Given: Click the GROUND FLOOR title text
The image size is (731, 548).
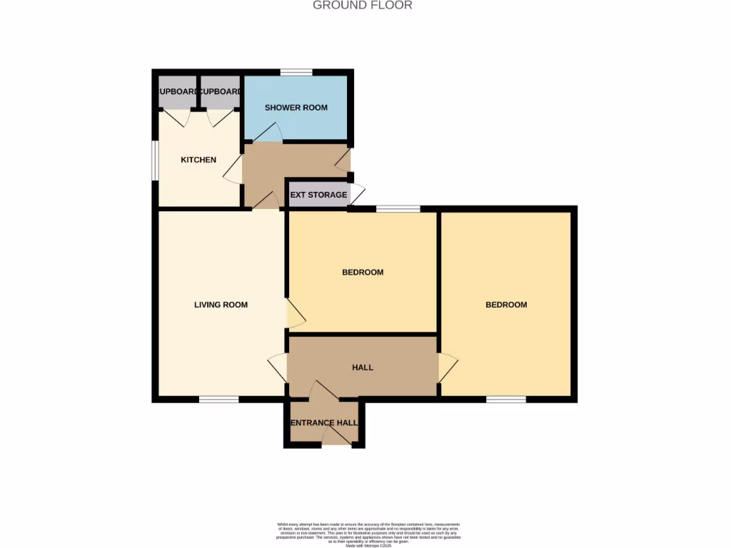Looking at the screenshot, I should click(x=363, y=6).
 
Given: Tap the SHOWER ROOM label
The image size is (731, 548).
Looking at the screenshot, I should click(x=296, y=108).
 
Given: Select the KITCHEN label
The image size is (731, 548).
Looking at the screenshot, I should click(x=198, y=160).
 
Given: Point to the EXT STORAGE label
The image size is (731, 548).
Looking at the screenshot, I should click(x=318, y=195).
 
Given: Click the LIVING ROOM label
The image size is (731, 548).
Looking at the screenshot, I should click(x=221, y=305).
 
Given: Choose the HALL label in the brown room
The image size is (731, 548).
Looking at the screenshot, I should click(x=363, y=367).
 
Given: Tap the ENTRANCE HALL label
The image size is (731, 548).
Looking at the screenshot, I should click(x=324, y=423).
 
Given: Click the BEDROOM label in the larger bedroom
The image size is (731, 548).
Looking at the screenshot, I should click(x=506, y=305).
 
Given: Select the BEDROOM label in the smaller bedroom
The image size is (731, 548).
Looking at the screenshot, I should click(x=363, y=273).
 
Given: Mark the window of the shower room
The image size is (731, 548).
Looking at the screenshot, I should click(x=296, y=72).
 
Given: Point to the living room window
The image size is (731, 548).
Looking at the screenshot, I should click(x=218, y=400).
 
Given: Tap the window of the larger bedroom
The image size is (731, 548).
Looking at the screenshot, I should click(x=506, y=400).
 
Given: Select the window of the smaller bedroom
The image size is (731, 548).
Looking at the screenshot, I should click(x=398, y=209).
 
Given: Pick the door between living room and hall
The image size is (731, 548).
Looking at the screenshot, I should click(x=277, y=367).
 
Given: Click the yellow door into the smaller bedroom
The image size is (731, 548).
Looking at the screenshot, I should click(x=295, y=314).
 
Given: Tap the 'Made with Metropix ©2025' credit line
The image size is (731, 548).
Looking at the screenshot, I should click(x=368, y=546).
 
